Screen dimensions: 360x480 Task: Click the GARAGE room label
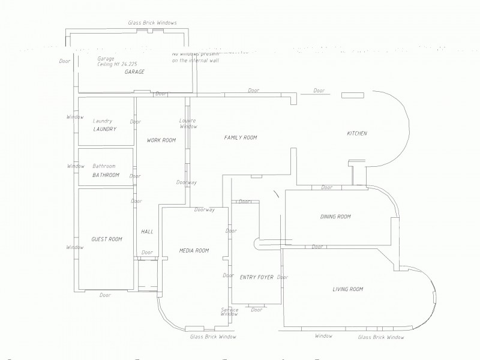pos(134,72)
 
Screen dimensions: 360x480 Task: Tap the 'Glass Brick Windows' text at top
pos(152,22)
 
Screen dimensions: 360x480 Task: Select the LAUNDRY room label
pos(104,129)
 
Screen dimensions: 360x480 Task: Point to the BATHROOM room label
pos(106,175)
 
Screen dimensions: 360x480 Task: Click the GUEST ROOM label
pos(106,239)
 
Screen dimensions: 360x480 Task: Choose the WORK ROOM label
pos(161,140)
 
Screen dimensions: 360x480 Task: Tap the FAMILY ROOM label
pos(240,137)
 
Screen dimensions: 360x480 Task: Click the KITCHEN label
pos(356,133)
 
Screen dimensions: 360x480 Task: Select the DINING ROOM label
pos(335,217)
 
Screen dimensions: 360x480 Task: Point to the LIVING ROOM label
pos(348,289)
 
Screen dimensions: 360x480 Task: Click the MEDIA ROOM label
pos(194,250)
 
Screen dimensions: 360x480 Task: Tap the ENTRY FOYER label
pos(256,277)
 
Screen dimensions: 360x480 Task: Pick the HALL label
pos(147,232)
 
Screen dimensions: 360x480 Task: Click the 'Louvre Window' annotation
pos(188,124)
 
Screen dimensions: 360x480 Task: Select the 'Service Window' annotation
pos(229,312)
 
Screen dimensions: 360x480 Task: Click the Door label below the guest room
pos(105,295)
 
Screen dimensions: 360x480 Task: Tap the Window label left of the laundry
pos(75,116)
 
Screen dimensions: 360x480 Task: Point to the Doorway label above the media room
pos(205,209)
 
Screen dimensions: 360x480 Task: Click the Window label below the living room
pos(323,336)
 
